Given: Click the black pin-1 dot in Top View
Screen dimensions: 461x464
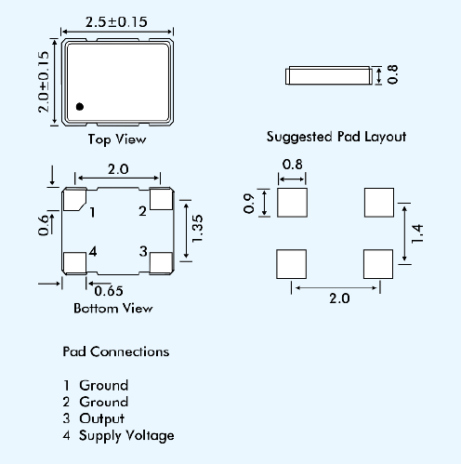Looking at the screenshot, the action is click(x=80, y=107).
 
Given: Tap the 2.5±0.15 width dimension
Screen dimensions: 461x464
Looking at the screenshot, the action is click(x=116, y=22).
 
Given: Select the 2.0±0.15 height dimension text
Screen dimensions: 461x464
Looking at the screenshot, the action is click(x=44, y=82).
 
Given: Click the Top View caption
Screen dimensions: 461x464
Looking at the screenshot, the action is click(x=117, y=139).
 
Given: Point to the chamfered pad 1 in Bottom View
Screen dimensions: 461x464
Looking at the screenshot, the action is click(x=73, y=200).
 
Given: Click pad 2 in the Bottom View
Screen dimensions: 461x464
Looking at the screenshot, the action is click(x=161, y=199).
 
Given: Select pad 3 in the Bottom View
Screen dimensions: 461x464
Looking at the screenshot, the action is click(x=161, y=263).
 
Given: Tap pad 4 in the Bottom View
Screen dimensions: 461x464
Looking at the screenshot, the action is click(x=74, y=263).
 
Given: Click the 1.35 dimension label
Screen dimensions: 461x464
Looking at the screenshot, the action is click(x=197, y=229).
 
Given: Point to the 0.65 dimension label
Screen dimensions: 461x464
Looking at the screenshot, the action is click(x=109, y=291).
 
